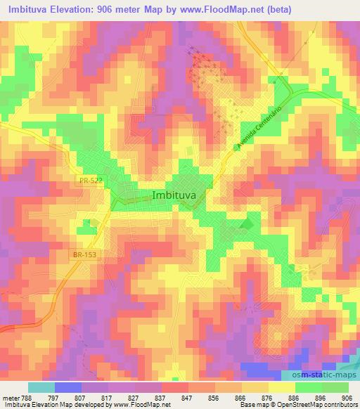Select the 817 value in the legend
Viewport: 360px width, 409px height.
[x=105, y=397]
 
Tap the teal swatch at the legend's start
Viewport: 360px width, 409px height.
[x=41, y=387]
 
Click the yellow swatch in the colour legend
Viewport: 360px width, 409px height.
[x=281, y=387]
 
